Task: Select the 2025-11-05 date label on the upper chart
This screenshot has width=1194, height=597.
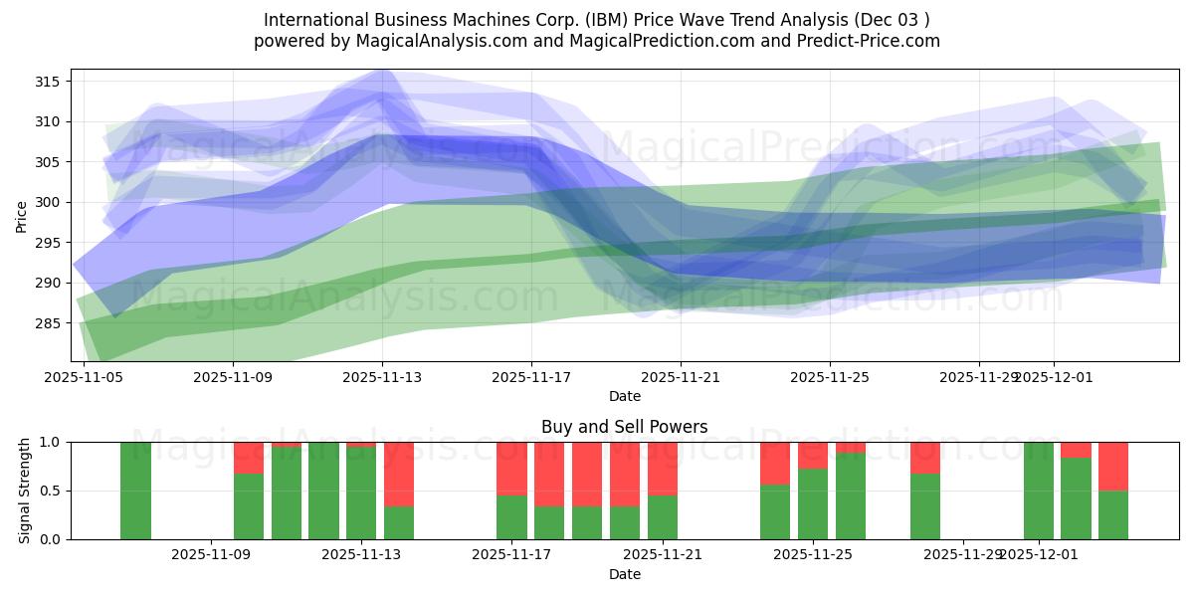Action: point(84,377)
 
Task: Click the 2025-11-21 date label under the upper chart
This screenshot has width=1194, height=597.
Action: point(681,377)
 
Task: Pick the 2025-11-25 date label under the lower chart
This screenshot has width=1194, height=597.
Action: point(813,555)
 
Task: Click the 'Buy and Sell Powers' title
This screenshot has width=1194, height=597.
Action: point(624,427)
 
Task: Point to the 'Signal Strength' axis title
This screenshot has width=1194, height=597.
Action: point(25,491)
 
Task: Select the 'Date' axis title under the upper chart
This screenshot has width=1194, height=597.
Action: point(624,396)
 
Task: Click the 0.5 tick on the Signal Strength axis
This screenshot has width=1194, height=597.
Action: point(51,491)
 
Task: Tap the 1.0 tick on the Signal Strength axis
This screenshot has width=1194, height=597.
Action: point(51,442)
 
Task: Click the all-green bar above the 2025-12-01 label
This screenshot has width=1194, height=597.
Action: point(1038,491)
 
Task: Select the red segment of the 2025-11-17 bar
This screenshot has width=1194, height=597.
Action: point(511,468)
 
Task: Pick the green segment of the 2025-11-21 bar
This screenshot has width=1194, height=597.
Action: point(663,517)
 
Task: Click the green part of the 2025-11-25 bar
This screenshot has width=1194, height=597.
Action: point(813,504)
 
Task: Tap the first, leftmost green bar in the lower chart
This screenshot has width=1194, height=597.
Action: point(135,491)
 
